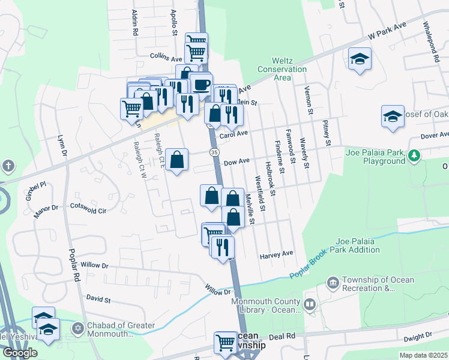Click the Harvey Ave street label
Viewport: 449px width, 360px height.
coord(276,254)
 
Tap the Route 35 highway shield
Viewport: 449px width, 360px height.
coord(214,153)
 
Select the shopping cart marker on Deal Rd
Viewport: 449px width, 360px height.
coord(226,343)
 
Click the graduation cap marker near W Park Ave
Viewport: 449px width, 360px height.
coord(360,58)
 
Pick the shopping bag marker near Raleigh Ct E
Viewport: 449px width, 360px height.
coord(177,160)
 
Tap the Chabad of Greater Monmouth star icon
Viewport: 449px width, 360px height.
coord(76,329)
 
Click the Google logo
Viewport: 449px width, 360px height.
coord(20,353)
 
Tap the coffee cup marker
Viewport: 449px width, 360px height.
coord(201,83)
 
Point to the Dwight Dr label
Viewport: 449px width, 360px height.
coord(418,337)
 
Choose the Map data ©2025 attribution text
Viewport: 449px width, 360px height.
coord(423,355)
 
